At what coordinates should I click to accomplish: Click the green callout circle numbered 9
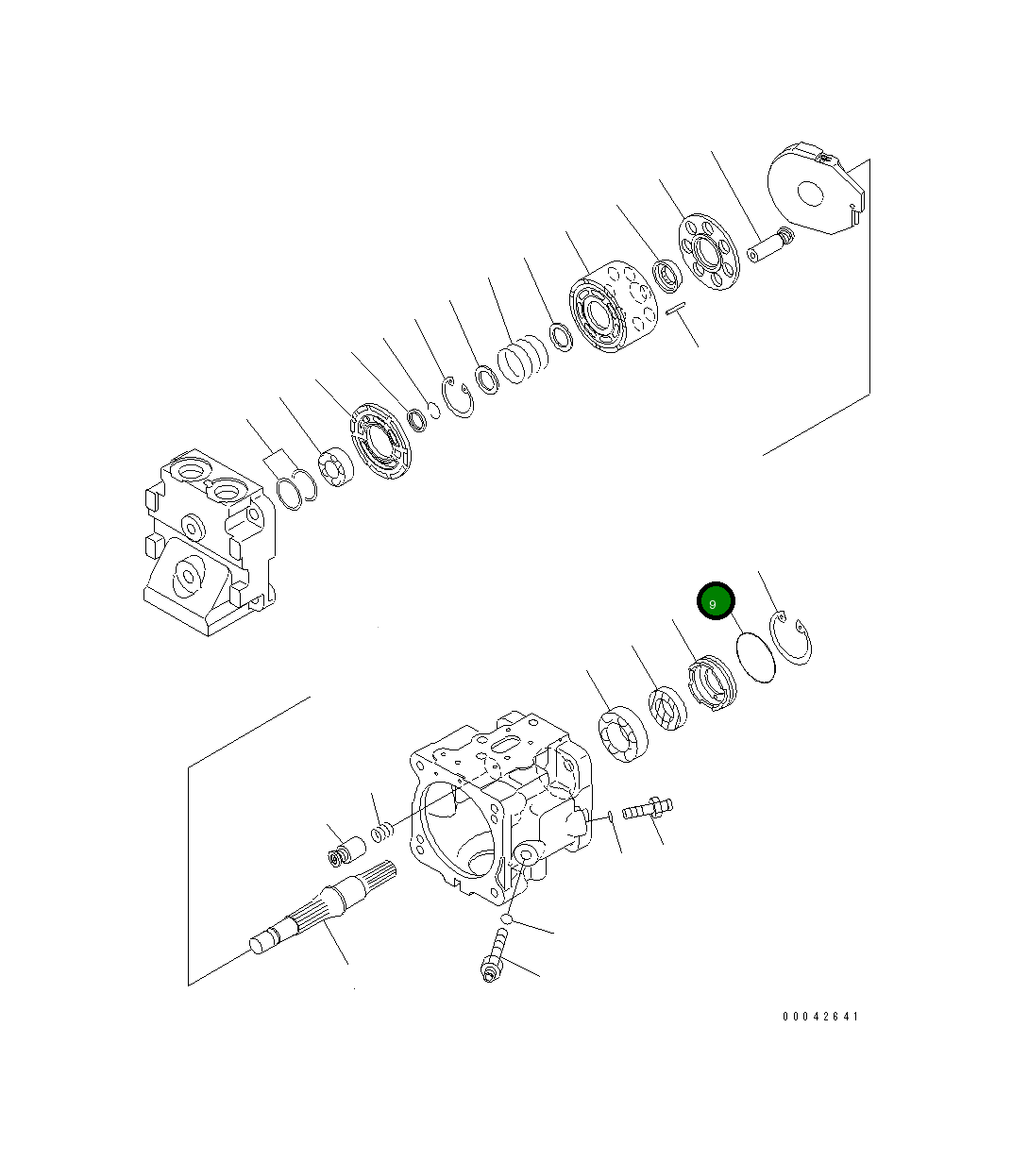715,601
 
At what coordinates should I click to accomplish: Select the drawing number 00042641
820,1017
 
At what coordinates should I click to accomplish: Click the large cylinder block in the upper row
611,310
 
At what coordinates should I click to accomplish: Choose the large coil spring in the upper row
522,362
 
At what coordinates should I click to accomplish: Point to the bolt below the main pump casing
494,956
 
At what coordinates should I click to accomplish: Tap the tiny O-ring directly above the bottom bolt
507,918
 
